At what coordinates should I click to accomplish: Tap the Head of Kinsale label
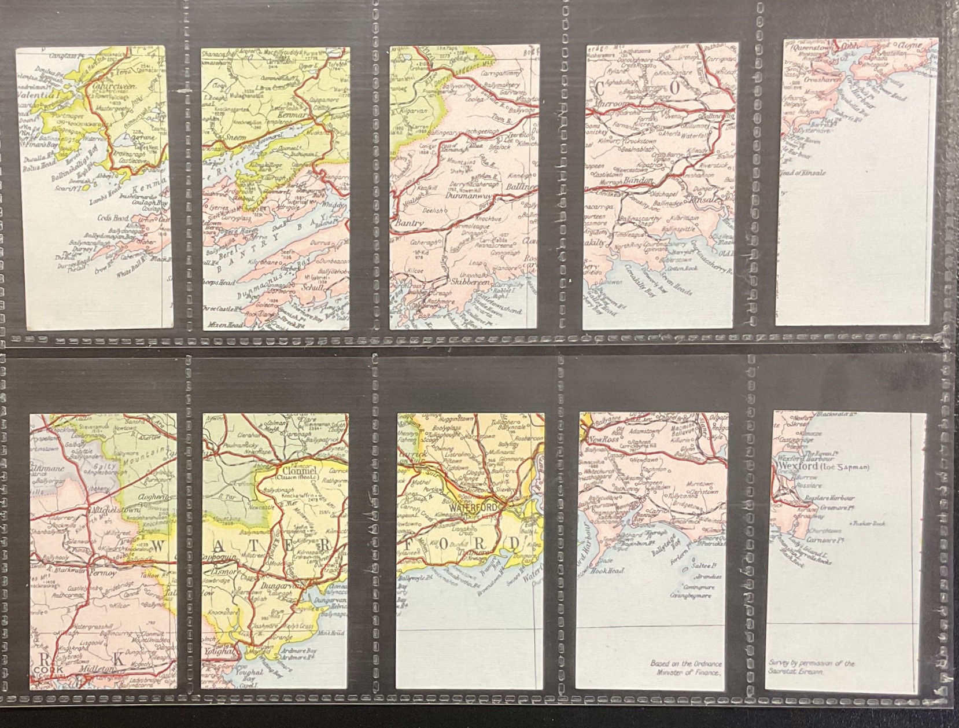click(x=805, y=173)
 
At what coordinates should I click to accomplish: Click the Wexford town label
click(x=801, y=466)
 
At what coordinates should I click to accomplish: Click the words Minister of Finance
click(x=686, y=672)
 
